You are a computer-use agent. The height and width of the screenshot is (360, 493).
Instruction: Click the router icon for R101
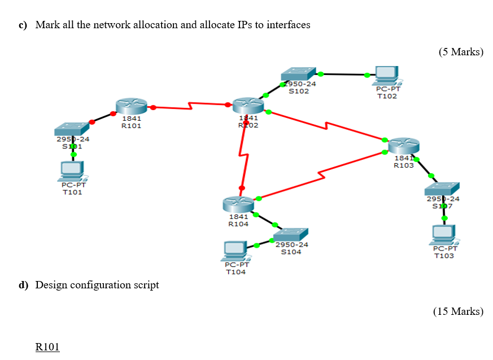(x=131, y=105)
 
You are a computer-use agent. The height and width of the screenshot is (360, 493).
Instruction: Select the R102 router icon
(x=248, y=104)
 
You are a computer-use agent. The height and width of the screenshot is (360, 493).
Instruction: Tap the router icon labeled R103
(x=404, y=145)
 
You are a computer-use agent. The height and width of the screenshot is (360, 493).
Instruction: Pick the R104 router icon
(x=238, y=204)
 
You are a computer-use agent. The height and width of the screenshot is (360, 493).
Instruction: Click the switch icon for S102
(x=298, y=74)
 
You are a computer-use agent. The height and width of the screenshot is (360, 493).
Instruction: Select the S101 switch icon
(x=72, y=129)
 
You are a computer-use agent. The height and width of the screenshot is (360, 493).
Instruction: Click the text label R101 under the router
(x=132, y=126)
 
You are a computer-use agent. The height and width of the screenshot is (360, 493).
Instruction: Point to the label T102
(x=387, y=96)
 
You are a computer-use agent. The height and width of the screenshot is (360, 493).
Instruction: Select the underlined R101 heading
(x=47, y=347)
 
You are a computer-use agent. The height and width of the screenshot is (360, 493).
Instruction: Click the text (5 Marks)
(x=461, y=52)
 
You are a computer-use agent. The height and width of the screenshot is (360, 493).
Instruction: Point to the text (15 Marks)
(x=458, y=311)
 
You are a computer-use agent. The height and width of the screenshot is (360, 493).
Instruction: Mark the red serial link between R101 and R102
(x=189, y=106)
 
